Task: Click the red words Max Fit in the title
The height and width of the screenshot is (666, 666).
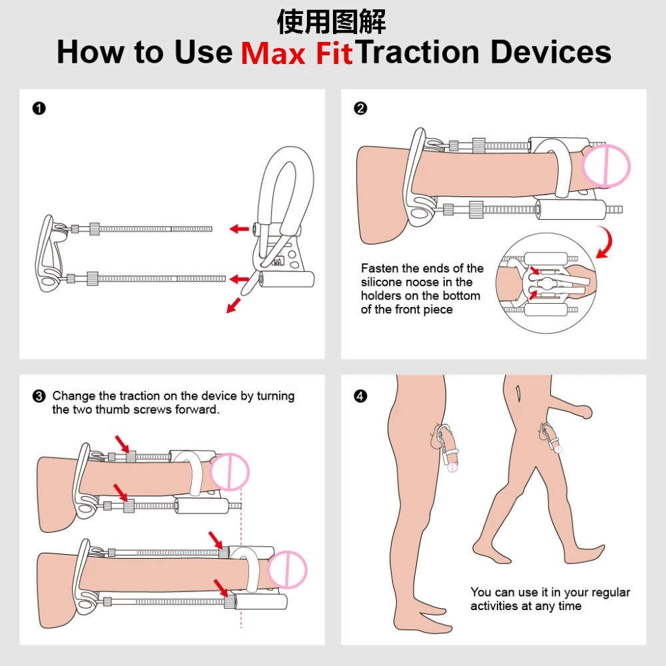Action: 297,53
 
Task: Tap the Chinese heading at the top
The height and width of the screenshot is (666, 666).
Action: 331,22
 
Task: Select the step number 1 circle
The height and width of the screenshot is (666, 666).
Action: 39,109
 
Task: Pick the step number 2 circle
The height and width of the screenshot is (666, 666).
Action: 360,109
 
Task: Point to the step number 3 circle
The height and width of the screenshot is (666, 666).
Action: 39,396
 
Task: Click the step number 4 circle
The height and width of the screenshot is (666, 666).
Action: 360,396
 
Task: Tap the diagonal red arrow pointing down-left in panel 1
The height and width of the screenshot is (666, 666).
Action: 233,306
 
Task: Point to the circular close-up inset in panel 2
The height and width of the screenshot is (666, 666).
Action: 546,283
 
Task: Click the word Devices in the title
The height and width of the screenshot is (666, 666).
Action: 551,52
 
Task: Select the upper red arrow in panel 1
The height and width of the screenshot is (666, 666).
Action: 239,229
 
